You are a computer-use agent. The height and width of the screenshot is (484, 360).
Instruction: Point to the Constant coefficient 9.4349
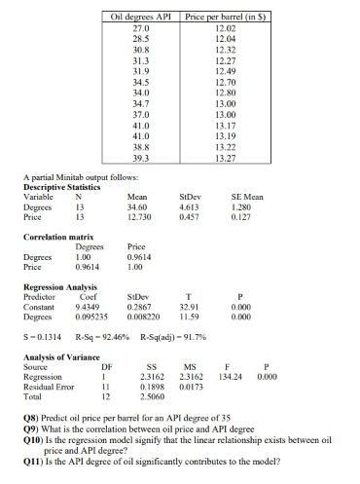pyautogui.click(x=90, y=306)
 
